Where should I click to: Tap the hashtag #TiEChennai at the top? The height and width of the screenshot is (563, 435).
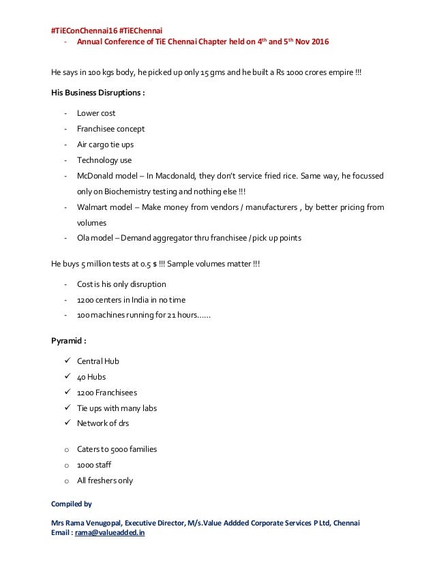(140, 30)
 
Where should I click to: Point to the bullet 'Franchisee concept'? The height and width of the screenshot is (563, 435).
(110, 129)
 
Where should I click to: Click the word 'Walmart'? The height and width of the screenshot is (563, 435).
(93, 207)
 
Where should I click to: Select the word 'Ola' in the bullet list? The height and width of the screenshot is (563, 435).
(84, 238)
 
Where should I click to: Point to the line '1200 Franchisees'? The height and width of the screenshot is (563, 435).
(109, 392)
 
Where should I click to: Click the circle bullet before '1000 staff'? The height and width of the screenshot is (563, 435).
(65, 465)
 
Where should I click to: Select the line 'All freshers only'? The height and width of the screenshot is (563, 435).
(104, 481)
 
